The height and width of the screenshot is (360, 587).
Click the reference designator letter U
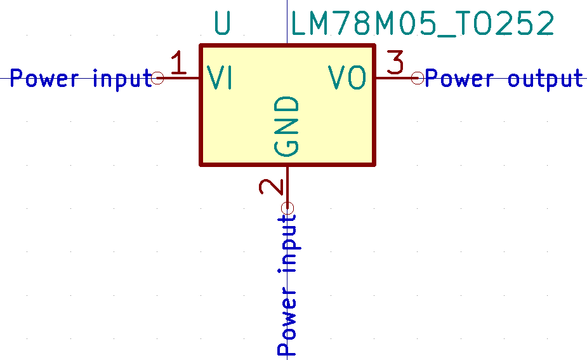click(223, 24)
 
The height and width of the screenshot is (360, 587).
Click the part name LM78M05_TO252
click(423, 24)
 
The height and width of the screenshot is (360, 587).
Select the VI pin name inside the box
click(220, 78)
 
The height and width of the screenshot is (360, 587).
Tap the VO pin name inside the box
click(347, 78)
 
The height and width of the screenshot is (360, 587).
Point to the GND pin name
click(287, 126)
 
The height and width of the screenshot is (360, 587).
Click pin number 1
click(179, 64)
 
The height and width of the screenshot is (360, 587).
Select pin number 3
click(395, 63)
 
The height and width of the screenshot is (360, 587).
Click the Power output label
click(504, 79)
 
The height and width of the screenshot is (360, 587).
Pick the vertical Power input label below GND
click(287, 284)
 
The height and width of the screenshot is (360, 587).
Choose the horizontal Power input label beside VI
click(81, 79)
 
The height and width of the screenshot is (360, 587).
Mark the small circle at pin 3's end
click(417, 78)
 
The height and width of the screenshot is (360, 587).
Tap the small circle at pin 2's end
click(288, 208)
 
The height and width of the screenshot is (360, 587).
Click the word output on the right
click(545, 79)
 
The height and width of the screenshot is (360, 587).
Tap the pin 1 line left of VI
click(181, 78)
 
